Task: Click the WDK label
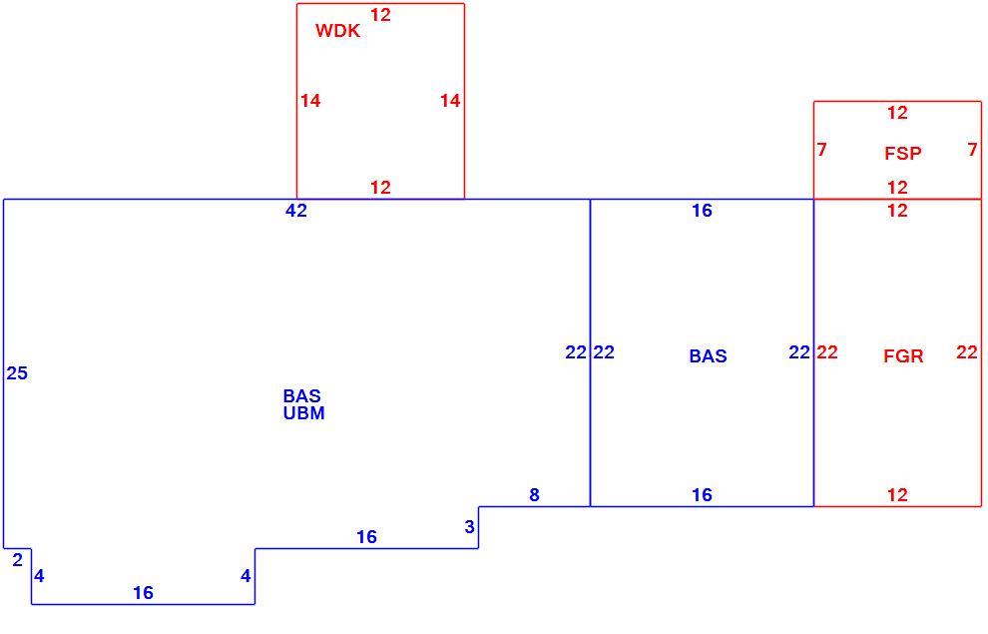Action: [x=337, y=30]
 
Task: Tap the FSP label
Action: [x=903, y=153]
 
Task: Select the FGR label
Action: [x=903, y=356]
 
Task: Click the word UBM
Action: [x=303, y=413]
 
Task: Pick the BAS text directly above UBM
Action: [x=301, y=395]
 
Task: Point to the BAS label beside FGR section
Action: [x=708, y=356]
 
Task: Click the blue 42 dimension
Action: [x=296, y=211]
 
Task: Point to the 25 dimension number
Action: [x=17, y=373]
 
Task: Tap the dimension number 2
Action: [x=17, y=560]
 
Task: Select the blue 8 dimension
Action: [x=534, y=495]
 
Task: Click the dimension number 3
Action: [x=469, y=527]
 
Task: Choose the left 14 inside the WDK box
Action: [x=310, y=100]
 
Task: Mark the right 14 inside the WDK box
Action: [x=450, y=100]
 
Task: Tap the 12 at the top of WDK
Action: [x=380, y=15]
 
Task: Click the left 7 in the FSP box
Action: [x=821, y=150]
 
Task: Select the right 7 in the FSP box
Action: [x=972, y=150]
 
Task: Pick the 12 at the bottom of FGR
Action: [x=897, y=495]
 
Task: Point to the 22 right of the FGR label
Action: [x=967, y=352]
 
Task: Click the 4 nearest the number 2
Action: [x=39, y=576]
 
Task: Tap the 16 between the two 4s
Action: [x=143, y=592]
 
